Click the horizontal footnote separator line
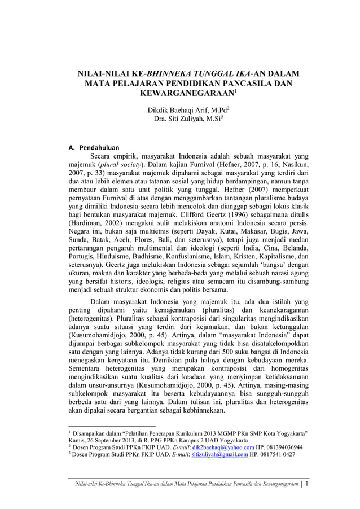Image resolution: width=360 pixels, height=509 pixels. tap(111, 427)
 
